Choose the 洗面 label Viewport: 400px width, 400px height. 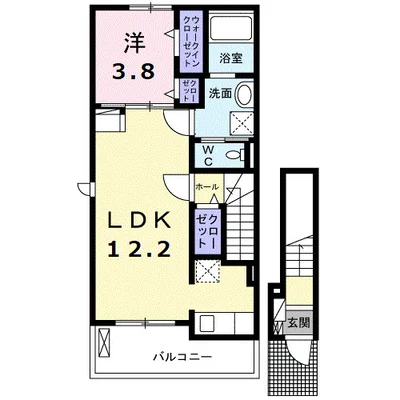(x=220, y=93)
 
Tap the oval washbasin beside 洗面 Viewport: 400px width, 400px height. (x=248, y=95)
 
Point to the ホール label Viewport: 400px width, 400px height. (x=207, y=187)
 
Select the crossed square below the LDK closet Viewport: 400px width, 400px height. (x=207, y=271)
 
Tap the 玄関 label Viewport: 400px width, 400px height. (x=298, y=323)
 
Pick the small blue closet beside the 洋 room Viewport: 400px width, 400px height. (x=189, y=90)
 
